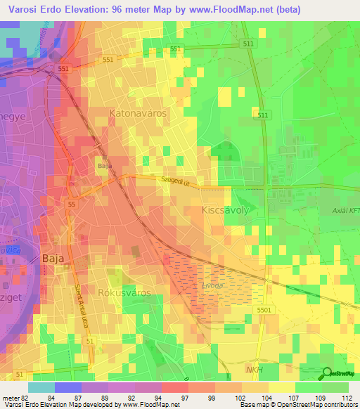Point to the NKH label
(x=255, y=368)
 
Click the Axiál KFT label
(x=345, y=210)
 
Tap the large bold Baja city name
(x=53, y=258)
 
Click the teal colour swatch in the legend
(x=41, y=387)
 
